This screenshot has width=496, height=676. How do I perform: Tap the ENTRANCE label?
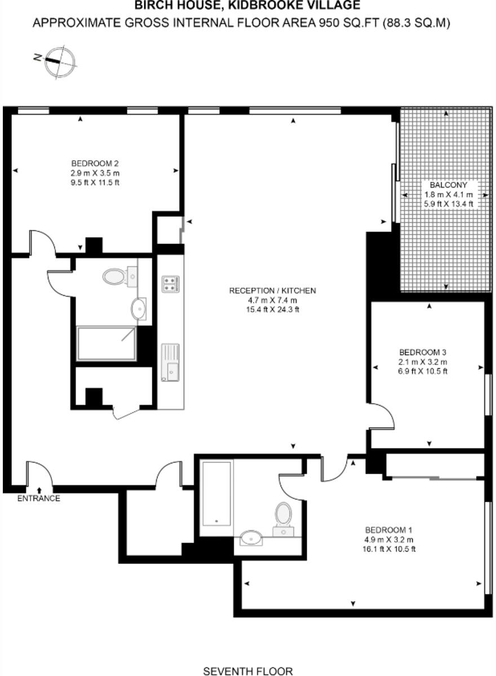(38, 498)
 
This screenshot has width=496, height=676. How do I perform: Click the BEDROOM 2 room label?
(95, 164)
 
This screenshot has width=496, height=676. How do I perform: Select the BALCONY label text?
(448, 185)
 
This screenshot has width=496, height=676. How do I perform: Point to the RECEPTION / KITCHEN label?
(272, 291)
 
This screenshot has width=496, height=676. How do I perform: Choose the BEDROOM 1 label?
(389, 530)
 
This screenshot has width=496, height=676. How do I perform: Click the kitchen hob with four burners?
(170, 283)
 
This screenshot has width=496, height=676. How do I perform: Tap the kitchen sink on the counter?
(170, 363)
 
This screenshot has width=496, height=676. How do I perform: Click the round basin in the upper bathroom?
(138, 309)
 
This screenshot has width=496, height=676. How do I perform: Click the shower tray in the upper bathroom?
(107, 343)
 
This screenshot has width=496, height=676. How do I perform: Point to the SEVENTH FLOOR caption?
(248, 671)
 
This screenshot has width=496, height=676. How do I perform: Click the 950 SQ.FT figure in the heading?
(352, 23)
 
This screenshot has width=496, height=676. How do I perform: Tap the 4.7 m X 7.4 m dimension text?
(272, 300)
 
